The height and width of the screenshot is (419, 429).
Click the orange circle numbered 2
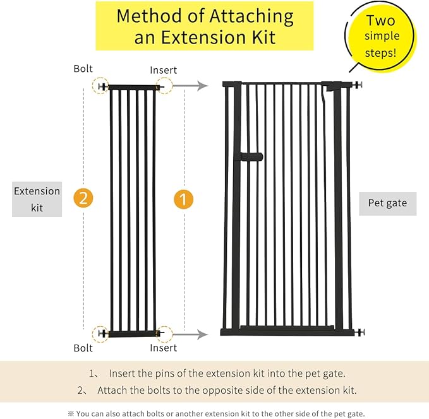pos(83,199)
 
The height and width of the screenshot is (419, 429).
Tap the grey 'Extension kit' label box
pos(37,199)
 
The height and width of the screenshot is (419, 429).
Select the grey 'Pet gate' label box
pos(387,203)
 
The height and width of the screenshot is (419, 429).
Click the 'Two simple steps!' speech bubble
pos(380,37)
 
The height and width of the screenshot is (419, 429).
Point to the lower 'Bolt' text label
pos(83,348)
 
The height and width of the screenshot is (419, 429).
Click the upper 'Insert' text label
pos(163,69)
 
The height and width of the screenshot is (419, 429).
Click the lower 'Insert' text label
pos(163,348)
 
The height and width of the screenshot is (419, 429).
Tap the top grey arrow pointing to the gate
pos(190,86)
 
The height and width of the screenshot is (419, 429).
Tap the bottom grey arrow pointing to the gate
pos(190,334)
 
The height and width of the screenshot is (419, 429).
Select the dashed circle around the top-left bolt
pos(100,86)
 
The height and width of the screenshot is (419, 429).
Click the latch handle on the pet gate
pos(251,156)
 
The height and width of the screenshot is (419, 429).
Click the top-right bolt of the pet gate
pos(360,84)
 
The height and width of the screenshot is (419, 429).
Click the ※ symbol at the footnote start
pos(71,413)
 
